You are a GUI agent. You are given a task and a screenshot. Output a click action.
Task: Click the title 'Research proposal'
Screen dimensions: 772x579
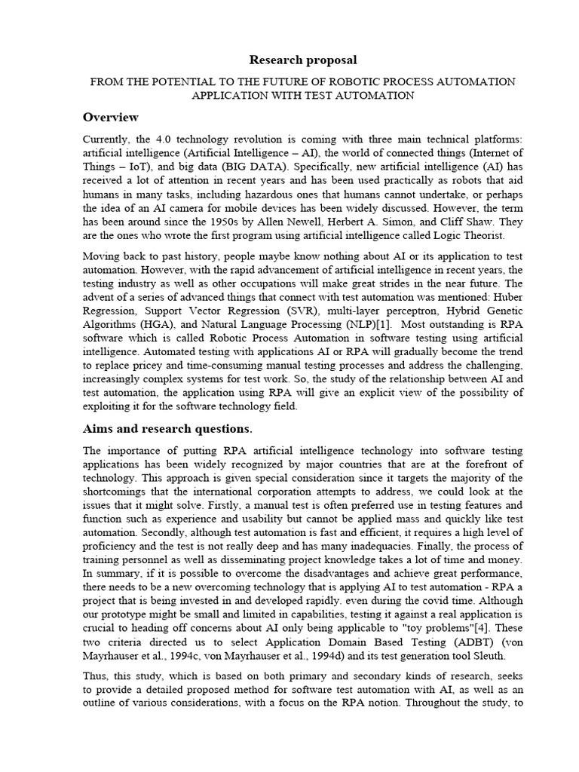coord(293,60)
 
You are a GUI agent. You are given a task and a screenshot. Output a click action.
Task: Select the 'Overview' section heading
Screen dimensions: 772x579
coord(110,117)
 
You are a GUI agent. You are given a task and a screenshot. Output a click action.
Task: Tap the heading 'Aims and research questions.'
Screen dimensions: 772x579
coord(167,429)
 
